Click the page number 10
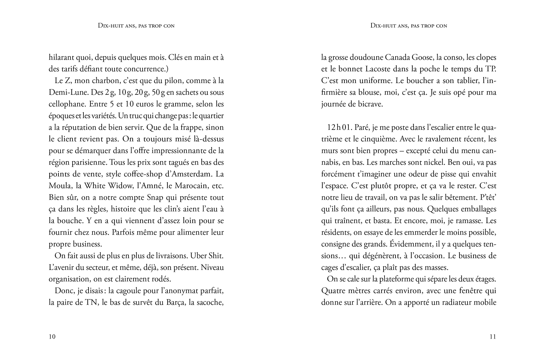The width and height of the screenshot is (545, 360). tap(52, 337)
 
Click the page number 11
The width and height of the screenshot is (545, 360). tap(493, 337)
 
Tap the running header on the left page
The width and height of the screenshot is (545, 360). tap(136, 26)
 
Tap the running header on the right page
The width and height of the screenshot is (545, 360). tap(409, 26)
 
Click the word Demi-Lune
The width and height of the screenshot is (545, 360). tap(63, 92)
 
